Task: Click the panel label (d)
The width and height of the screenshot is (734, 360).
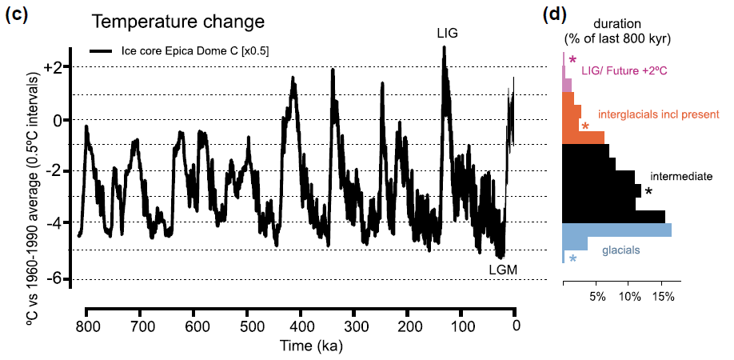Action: [556, 14]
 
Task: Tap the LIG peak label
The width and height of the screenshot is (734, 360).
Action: [449, 33]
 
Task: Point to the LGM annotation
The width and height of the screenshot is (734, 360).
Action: [504, 270]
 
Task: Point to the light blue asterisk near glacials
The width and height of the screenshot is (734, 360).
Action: [572, 258]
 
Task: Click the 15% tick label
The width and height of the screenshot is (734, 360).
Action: [664, 298]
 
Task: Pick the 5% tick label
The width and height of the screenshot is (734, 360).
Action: [596, 298]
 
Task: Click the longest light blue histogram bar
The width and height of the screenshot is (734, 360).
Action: [616, 230]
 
